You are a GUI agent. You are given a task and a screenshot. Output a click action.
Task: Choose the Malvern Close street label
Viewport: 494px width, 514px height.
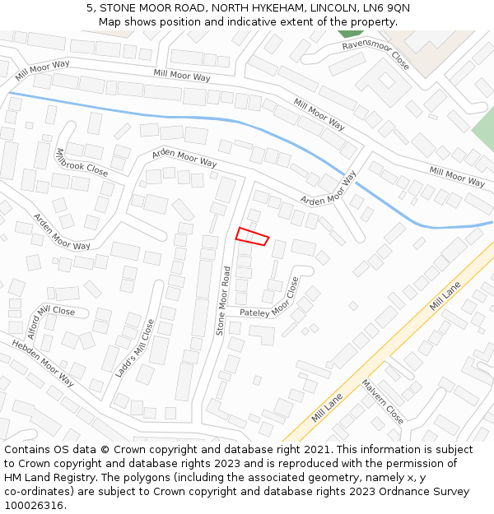[x=382, y=401]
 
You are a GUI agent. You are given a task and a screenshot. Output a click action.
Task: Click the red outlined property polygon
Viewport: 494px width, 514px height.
[x=252, y=236]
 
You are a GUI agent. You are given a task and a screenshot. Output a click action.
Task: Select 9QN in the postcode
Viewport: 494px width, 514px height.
[x=395, y=8]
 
